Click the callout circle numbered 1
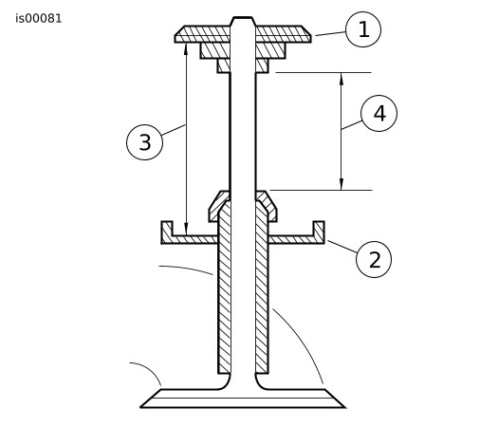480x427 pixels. point(363,29)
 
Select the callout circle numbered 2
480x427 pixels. point(374,259)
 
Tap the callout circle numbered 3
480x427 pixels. point(144,142)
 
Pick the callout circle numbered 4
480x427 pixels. point(379,113)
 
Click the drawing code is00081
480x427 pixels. point(39,19)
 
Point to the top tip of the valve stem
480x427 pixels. point(243,17)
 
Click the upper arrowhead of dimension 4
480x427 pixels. point(342,79)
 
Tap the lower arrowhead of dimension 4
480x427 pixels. point(342,184)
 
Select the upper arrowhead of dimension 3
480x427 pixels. point(186,49)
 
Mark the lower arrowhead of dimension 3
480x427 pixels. point(186,230)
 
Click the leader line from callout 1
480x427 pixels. point(331,33)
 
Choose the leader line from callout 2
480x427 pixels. point(342,247)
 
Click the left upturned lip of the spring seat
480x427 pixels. point(167,229)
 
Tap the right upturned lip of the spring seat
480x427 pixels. point(319,229)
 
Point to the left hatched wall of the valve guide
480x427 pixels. point(224,288)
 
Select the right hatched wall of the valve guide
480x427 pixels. point(262,288)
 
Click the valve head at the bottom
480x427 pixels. point(243,399)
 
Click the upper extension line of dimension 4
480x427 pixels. point(323,73)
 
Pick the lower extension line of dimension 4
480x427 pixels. point(321,191)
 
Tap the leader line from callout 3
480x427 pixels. point(174,130)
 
